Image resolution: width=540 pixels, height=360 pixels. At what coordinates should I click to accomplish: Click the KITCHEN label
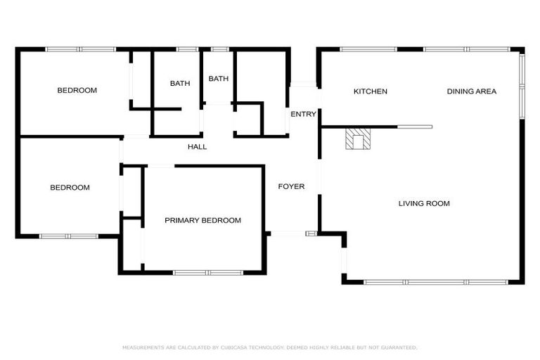click(370, 91)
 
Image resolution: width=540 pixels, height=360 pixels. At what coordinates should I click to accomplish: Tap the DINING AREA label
click(472, 91)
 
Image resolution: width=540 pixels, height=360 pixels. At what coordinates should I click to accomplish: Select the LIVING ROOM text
click(424, 204)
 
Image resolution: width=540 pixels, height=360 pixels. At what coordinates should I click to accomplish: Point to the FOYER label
click(291, 186)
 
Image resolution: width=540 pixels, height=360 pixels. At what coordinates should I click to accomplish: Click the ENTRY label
click(303, 114)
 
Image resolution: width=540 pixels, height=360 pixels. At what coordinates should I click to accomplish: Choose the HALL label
click(197, 147)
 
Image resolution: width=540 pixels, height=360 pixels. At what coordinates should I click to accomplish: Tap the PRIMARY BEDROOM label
click(202, 220)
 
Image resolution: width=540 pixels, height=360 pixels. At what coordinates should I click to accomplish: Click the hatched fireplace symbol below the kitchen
click(357, 139)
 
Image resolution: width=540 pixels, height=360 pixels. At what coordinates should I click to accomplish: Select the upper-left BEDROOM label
click(77, 90)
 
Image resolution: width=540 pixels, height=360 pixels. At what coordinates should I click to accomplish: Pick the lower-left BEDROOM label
click(70, 188)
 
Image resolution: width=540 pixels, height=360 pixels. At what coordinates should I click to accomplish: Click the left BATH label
click(180, 84)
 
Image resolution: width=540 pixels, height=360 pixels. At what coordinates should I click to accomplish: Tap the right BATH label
click(219, 79)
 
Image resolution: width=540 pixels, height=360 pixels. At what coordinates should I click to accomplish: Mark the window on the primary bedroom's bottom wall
click(208, 272)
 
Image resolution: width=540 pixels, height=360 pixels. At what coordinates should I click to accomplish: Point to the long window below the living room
click(436, 282)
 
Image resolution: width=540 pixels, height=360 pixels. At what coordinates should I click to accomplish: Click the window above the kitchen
click(368, 49)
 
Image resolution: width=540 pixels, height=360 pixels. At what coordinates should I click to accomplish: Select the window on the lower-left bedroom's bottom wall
click(68, 236)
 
